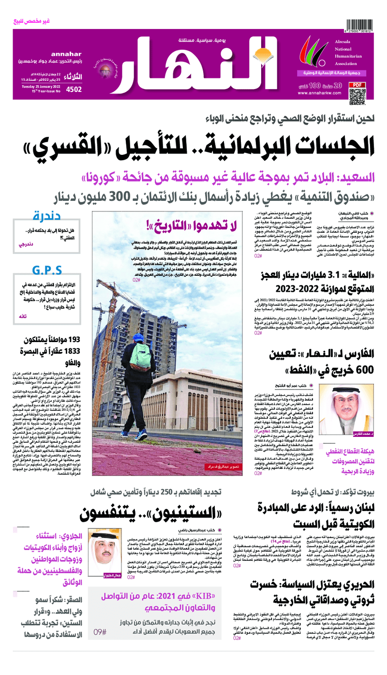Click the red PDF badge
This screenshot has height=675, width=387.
click(x=357, y=85)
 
